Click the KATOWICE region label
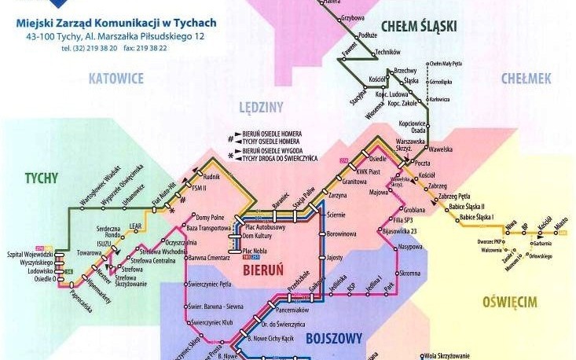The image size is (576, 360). pyautogui.click(x=116, y=79)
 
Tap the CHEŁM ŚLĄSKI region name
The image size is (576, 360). pyautogui.click(x=418, y=27)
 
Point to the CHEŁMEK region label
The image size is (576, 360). pyautogui.click(x=526, y=79)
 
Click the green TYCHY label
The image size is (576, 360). pyautogui.click(x=41, y=178)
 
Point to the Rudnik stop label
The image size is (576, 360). pyautogui.click(x=211, y=177)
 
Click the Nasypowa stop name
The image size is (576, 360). pyautogui.click(x=410, y=247)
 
